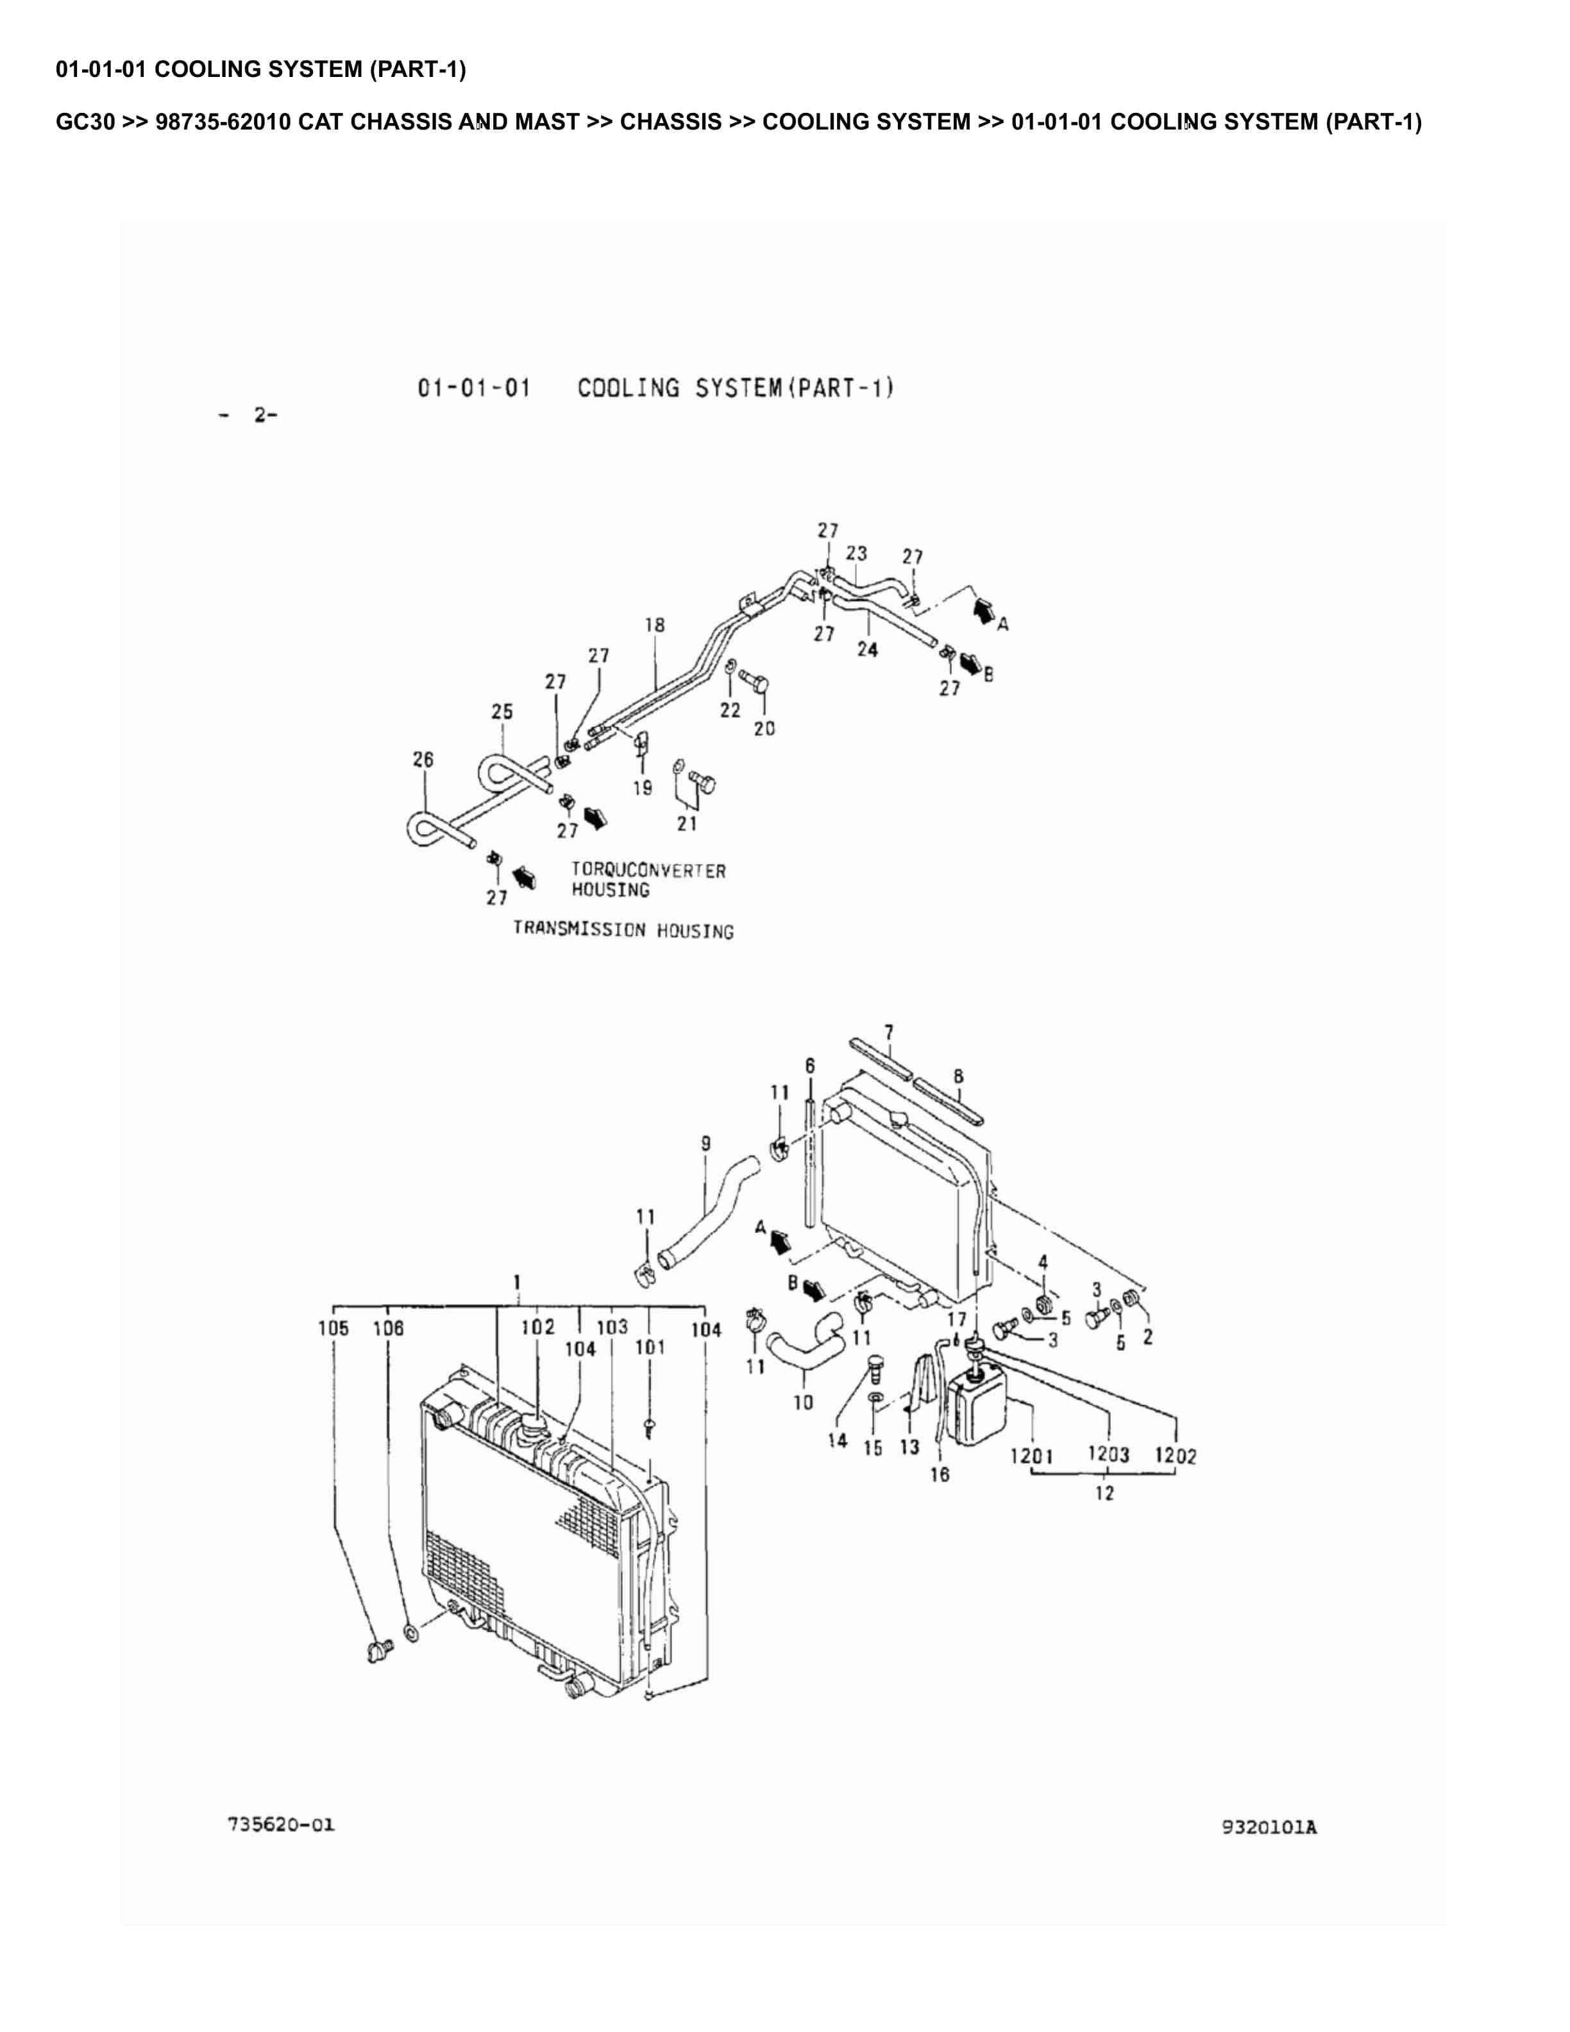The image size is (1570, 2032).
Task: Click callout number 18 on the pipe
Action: (655, 625)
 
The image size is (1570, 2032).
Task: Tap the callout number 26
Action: (423, 759)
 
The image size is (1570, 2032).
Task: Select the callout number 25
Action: (502, 712)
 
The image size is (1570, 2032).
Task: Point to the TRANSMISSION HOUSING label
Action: (623, 931)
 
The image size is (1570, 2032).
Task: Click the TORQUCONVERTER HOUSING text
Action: (648, 880)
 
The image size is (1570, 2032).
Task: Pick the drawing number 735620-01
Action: (281, 1825)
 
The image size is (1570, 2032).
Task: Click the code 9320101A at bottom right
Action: (1269, 1827)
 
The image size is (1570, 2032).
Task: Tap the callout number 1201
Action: (1031, 1456)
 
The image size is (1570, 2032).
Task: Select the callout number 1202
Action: (1176, 1456)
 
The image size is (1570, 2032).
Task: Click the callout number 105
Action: (333, 1328)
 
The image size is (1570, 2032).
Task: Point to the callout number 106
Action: (389, 1328)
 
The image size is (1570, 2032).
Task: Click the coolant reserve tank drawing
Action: (977, 1410)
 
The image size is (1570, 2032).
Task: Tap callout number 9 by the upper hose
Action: (706, 1144)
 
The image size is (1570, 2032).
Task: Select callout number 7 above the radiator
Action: (889, 1033)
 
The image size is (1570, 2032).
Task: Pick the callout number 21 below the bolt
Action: (688, 824)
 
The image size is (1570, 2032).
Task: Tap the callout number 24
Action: (867, 649)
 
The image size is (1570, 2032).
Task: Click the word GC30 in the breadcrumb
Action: (85, 122)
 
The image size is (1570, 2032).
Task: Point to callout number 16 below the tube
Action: (940, 1475)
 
